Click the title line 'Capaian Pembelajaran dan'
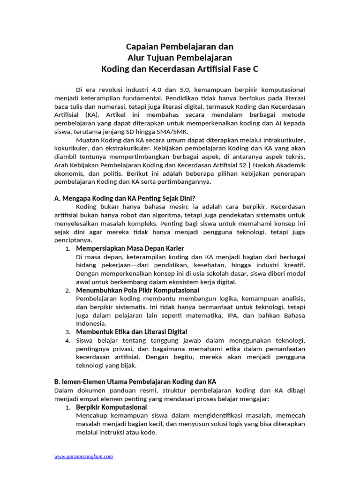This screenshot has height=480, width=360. coord(180,47)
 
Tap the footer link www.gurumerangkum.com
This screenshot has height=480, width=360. coord(83,456)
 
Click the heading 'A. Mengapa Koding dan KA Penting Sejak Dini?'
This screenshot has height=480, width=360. coord(125,198)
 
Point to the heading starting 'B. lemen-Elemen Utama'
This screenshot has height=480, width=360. coord(135,382)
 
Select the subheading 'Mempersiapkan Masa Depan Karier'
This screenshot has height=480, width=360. coord(130,248)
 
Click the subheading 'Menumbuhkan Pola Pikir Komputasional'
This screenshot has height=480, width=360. coord(137,290)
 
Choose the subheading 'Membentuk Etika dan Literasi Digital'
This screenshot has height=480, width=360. coord(132,332)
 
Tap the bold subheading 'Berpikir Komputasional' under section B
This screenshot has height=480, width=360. coord(111,407)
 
